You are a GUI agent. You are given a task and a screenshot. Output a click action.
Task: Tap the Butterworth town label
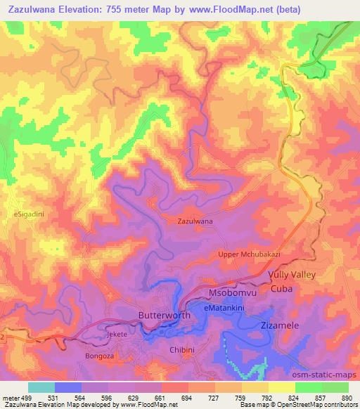165,316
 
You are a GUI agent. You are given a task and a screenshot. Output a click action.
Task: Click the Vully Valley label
292,275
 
